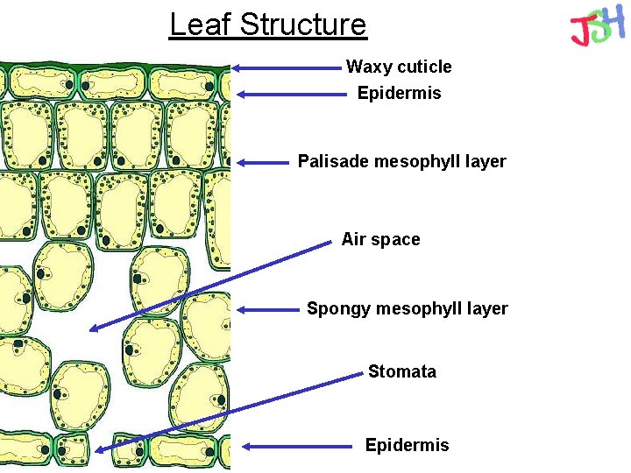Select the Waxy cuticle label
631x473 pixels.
tap(399, 67)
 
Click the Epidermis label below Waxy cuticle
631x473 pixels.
tap(399, 93)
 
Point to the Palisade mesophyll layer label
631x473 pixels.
tap(401, 161)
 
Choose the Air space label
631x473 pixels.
tap(380, 239)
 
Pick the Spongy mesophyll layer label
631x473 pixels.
tap(407, 308)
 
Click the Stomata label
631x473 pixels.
tap(401, 371)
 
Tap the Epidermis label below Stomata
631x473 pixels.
tap(407, 445)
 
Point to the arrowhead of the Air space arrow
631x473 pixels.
tap(93, 329)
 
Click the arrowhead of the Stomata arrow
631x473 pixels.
tap(99, 450)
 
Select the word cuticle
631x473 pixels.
tap(424, 67)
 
